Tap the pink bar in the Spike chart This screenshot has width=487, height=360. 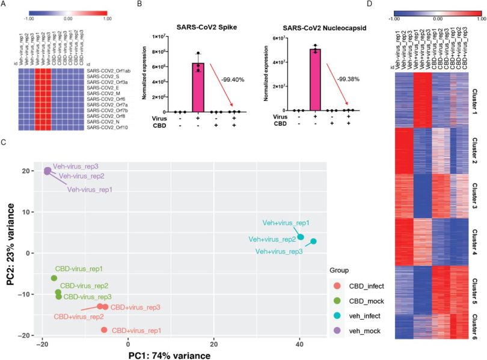(x=198, y=87)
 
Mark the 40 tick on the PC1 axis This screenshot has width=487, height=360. (x=299, y=344)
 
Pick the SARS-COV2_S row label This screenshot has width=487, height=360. (x=102, y=77)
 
